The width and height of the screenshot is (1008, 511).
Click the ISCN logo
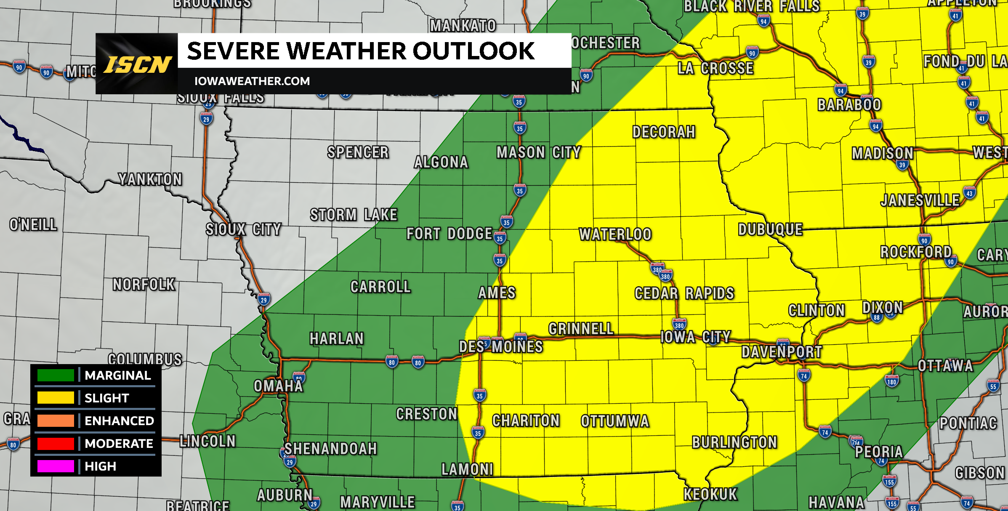click(x=137, y=64)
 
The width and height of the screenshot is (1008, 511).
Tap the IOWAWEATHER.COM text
click(x=252, y=81)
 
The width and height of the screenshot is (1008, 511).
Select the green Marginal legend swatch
click(x=56, y=375)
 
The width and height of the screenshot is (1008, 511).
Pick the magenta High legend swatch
click(x=56, y=466)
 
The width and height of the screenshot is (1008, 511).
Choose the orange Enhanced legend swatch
click(x=56, y=421)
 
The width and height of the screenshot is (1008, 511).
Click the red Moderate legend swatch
click(x=56, y=443)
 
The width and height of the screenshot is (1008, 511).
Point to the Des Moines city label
click(x=501, y=347)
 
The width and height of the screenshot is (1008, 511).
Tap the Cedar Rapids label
click(x=684, y=293)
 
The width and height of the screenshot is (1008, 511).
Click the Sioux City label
click(x=243, y=229)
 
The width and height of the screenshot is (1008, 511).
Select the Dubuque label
click(x=770, y=229)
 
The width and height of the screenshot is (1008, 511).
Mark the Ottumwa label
click(x=615, y=421)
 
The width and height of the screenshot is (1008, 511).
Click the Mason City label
click(x=539, y=152)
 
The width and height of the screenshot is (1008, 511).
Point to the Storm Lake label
click(x=354, y=215)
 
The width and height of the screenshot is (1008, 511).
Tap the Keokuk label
click(x=710, y=494)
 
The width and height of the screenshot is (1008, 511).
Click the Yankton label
click(x=150, y=179)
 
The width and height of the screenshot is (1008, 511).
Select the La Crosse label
click(x=715, y=68)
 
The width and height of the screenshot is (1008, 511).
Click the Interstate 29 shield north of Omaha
click(x=264, y=300)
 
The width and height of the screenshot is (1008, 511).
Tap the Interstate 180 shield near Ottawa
click(x=891, y=382)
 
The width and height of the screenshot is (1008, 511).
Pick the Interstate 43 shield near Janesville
click(x=969, y=193)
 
